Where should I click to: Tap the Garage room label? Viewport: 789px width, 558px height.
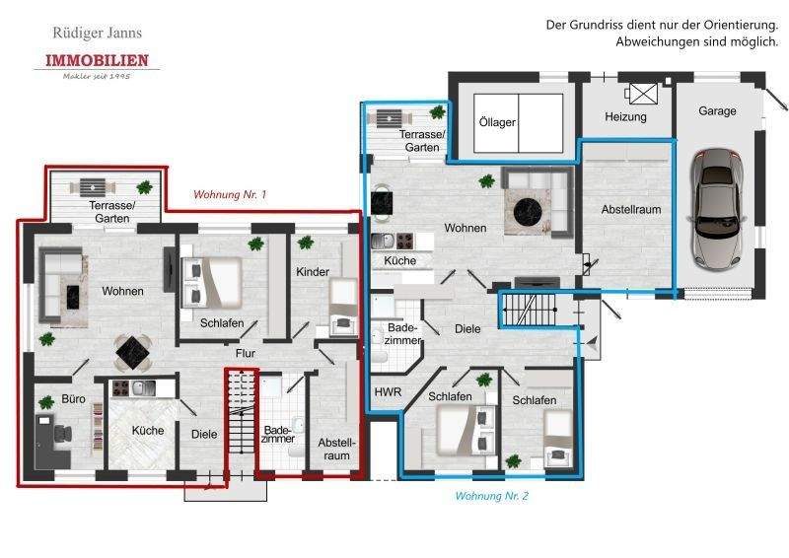point(717,111)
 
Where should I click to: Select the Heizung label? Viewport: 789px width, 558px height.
point(625,117)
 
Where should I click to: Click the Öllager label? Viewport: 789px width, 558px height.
point(498,122)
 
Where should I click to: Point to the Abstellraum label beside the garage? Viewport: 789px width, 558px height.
point(631,210)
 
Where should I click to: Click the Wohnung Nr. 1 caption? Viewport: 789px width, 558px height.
point(230,195)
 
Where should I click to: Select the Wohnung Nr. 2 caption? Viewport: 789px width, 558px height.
point(492,497)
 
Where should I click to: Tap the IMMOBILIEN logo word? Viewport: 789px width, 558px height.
point(97,61)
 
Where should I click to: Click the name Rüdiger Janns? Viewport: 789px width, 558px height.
point(97,34)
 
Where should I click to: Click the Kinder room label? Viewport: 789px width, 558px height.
point(312,271)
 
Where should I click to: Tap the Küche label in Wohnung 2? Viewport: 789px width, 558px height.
point(399,261)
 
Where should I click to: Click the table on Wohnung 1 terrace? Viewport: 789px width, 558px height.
point(94,185)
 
